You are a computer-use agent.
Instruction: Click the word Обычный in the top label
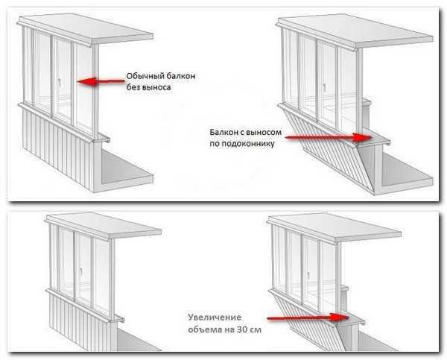click(x=146, y=76)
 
